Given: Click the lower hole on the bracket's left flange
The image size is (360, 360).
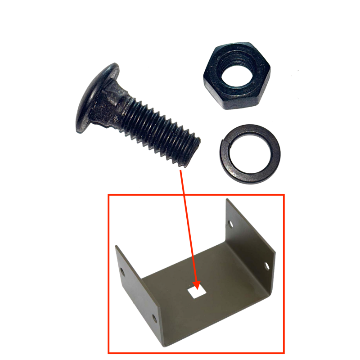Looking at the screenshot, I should tap(155, 319).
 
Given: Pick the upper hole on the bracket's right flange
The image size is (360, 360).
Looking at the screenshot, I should tap(231, 222).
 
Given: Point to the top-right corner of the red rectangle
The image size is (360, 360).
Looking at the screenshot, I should tap(284, 195).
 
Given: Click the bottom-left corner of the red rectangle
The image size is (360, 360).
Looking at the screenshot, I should tap(108, 353).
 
